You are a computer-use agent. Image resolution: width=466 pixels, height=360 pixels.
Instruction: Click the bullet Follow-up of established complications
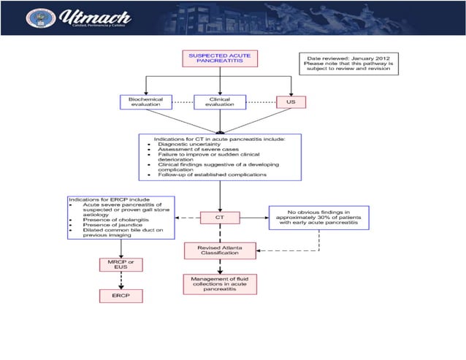(x=212, y=175)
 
